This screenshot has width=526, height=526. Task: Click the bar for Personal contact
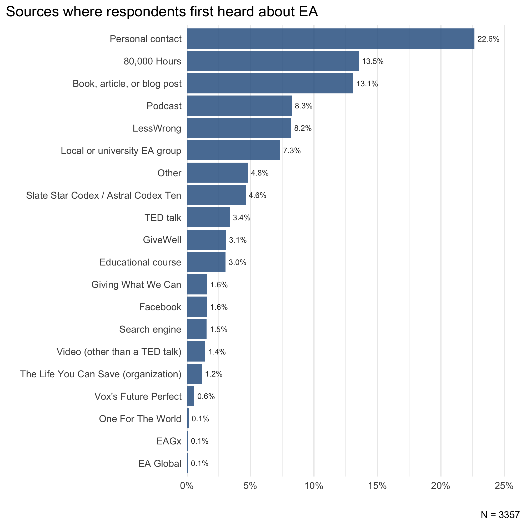click(330, 39)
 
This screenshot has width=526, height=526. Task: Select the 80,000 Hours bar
click(273, 61)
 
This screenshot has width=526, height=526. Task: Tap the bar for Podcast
click(239, 106)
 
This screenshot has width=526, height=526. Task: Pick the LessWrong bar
click(239, 128)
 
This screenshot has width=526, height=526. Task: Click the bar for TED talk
click(208, 217)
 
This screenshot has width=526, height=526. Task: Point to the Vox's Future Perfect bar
click(191, 396)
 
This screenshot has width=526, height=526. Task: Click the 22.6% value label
click(488, 39)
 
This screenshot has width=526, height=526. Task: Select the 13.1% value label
click(367, 84)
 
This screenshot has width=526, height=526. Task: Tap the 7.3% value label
click(292, 151)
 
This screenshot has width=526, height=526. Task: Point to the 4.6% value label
click(257, 195)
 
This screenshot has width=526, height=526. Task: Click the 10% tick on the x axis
click(314, 486)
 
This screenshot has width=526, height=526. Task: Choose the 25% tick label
click(504, 486)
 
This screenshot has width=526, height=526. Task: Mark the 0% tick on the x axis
click(187, 486)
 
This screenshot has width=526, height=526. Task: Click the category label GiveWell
click(162, 240)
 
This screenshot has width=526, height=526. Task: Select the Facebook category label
click(160, 307)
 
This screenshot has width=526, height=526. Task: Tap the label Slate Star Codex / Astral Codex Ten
click(103, 195)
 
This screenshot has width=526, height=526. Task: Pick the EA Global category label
click(159, 463)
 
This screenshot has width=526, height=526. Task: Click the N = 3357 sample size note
click(500, 515)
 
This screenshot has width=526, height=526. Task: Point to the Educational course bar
click(206, 262)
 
